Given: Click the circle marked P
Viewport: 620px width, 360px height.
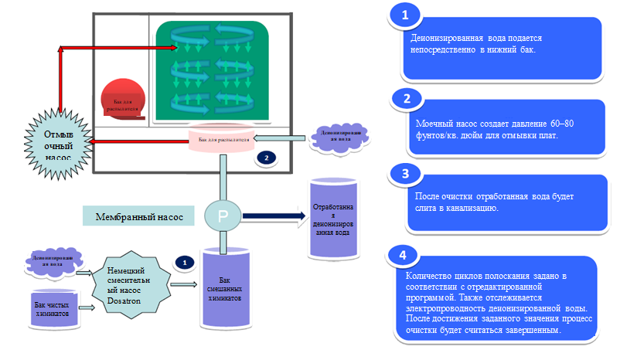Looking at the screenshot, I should [x=223, y=217].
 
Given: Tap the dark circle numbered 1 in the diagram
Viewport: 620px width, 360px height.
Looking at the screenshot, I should [x=185, y=262].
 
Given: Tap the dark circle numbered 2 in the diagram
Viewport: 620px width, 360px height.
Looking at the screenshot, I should [x=266, y=158].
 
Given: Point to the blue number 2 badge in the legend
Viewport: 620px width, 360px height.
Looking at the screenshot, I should [x=406, y=98].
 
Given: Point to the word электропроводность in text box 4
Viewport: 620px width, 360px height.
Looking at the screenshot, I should [x=442, y=306].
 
